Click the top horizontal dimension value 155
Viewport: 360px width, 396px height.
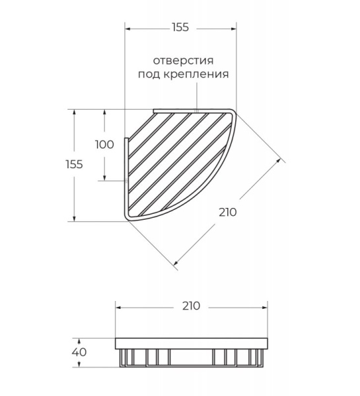pos(180,27)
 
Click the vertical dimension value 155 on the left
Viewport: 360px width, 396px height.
pos(74,164)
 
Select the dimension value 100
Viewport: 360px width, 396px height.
pos(104,145)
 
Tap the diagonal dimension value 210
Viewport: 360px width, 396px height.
pos(227,212)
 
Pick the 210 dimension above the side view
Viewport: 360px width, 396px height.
pos(191,306)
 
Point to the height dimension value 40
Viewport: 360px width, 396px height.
pos(79,352)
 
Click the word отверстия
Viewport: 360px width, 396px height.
pos(183,61)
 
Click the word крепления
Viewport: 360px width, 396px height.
pos(196,74)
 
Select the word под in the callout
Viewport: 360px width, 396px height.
pos(149,74)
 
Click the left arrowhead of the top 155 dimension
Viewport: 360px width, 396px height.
pos(128,29)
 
